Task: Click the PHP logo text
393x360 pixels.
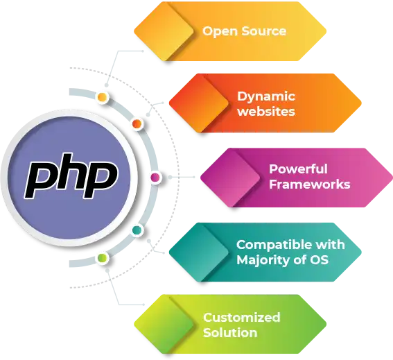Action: pos(71,175)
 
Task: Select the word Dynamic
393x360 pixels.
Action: pos(266,97)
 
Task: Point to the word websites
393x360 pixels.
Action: pos(266,112)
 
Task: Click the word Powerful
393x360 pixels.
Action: pos(298,169)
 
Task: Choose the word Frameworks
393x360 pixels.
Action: pos(310,185)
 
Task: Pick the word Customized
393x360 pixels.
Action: pos(242,318)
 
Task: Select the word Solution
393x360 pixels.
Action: pos(230,333)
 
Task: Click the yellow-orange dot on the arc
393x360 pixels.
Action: pos(102,97)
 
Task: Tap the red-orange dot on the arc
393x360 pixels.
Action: pos(137,123)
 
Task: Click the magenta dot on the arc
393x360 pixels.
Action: pos(155,178)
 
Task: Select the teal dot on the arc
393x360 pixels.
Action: pos(137,230)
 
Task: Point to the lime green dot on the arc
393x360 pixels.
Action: pos(103,257)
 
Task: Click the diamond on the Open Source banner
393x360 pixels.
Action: pos(164,31)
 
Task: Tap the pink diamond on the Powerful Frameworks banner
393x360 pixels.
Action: pos(230,178)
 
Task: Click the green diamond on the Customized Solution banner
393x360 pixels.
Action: pos(164,324)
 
